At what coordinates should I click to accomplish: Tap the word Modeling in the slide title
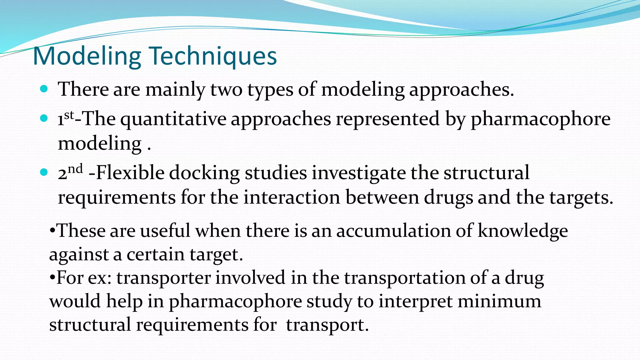click(x=87, y=56)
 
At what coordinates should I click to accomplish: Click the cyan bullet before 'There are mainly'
click(x=44, y=89)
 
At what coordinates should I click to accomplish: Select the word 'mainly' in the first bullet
click(x=175, y=90)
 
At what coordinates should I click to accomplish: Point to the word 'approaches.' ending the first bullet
click(x=462, y=90)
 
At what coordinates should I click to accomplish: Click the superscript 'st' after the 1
click(x=69, y=115)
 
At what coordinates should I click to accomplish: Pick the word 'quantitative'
click(x=173, y=119)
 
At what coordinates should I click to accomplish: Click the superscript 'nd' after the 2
click(x=75, y=169)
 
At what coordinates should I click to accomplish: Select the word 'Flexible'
click(x=130, y=172)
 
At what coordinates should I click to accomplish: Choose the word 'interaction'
click(x=292, y=197)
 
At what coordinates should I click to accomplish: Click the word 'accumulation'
click(x=393, y=231)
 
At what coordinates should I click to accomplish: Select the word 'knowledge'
click(x=522, y=232)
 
